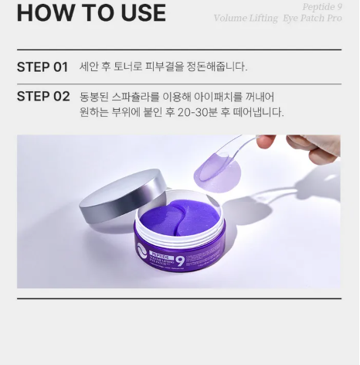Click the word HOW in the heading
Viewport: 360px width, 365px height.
click(x=41, y=12)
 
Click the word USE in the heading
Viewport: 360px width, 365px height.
click(x=139, y=12)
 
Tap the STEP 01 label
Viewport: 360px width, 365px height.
click(x=42, y=67)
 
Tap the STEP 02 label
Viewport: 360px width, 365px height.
click(x=43, y=97)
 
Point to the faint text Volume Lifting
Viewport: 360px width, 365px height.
click(x=246, y=18)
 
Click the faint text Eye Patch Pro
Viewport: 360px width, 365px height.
click(x=312, y=18)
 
